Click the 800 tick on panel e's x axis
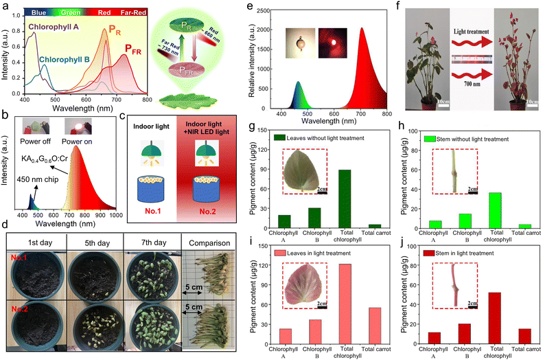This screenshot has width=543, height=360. (386, 114)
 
